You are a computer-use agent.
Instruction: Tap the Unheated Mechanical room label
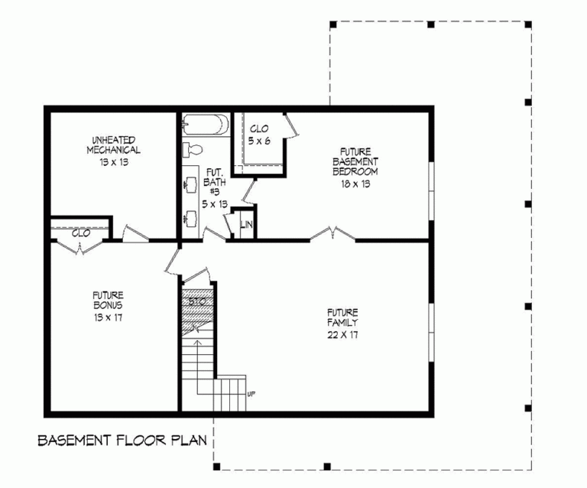point(113,145)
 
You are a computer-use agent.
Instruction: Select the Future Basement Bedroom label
point(355,161)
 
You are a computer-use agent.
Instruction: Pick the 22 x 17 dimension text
point(343,333)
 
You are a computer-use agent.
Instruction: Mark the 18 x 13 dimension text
point(355,184)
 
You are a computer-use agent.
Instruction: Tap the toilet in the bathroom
point(192,149)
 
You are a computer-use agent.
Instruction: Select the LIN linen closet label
point(246,224)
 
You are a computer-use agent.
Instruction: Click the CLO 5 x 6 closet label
point(258,135)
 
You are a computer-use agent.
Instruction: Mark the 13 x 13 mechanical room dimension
point(113,163)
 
